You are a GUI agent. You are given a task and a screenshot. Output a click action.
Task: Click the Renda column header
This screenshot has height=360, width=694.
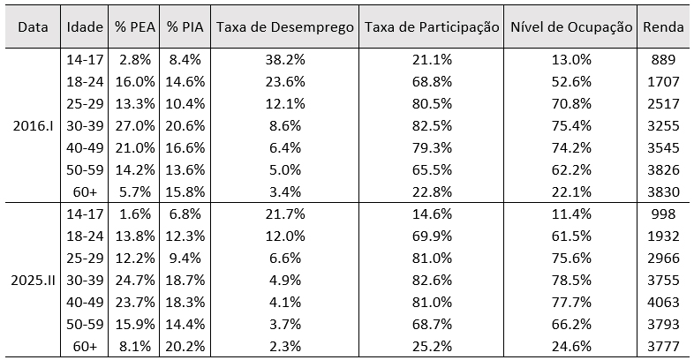[x=664, y=26]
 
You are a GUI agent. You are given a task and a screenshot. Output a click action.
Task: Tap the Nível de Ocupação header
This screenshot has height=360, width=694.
[x=571, y=26]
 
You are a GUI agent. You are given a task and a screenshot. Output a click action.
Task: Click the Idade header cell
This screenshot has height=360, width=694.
[x=85, y=26]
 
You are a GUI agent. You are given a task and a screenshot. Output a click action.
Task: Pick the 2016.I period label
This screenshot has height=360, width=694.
[x=33, y=125]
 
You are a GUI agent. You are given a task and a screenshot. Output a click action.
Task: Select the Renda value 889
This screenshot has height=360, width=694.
[x=664, y=60]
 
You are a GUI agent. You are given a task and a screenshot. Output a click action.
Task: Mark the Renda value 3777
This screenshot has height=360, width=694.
[x=664, y=346]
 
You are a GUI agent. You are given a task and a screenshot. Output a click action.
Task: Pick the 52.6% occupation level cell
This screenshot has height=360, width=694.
[x=571, y=82]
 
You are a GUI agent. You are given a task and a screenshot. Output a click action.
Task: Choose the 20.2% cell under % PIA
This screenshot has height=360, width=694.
[x=185, y=346]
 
